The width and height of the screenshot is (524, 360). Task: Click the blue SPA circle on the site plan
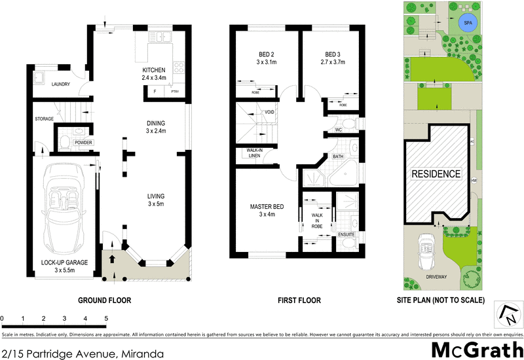468,24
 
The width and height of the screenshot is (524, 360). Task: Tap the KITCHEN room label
154,71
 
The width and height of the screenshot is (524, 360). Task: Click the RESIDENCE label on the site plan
436,175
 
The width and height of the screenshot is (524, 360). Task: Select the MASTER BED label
265,207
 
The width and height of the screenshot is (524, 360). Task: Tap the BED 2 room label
265,54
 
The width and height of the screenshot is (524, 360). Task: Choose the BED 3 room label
333,54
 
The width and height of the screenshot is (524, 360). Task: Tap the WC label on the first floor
339,130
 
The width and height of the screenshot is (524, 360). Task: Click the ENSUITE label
346,234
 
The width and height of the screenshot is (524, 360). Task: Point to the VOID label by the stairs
269,112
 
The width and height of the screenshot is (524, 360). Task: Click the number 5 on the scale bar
106,319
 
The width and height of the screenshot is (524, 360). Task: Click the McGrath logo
476,348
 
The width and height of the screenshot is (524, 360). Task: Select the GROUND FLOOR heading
105,301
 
